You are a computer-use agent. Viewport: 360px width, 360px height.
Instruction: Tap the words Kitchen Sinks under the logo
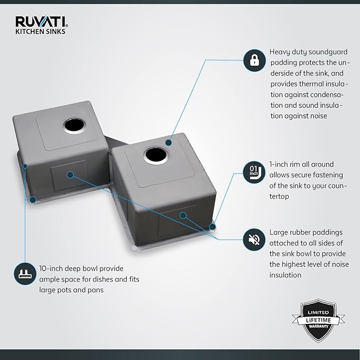click(x=40, y=31)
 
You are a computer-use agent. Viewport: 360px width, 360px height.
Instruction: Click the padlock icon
click(x=254, y=60)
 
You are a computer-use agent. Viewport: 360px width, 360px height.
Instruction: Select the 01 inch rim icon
click(x=254, y=172)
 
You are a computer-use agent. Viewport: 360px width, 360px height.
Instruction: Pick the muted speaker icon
click(x=254, y=240)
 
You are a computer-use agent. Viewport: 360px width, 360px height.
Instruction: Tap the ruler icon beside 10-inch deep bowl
click(x=25, y=274)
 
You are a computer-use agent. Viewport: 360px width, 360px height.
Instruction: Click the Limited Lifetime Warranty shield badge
click(x=318, y=320)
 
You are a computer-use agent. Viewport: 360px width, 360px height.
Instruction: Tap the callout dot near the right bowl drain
click(x=169, y=143)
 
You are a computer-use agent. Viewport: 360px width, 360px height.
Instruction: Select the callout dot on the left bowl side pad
click(x=71, y=175)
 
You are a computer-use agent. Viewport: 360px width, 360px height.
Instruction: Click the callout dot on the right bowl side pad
click(x=183, y=215)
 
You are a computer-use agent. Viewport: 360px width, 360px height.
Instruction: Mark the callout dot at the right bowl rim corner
click(x=213, y=227)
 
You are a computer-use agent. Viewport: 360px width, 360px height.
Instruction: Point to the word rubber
click(x=296, y=232)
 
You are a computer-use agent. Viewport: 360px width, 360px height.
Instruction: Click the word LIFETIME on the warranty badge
click(x=319, y=320)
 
